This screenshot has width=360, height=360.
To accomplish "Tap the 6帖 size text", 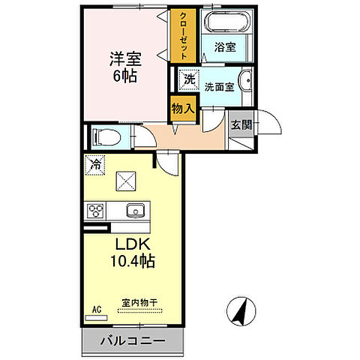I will click(124, 76).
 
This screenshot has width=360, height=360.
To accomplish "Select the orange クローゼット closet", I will click(181, 36).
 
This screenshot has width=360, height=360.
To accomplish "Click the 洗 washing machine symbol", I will click(190, 79).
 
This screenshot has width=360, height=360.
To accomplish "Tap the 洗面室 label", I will click(219, 86).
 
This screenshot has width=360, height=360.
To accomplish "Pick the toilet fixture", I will click(104, 137).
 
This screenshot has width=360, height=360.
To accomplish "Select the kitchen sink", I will click(135, 210).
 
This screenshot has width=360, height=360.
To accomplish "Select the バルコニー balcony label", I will click(135, 342).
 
